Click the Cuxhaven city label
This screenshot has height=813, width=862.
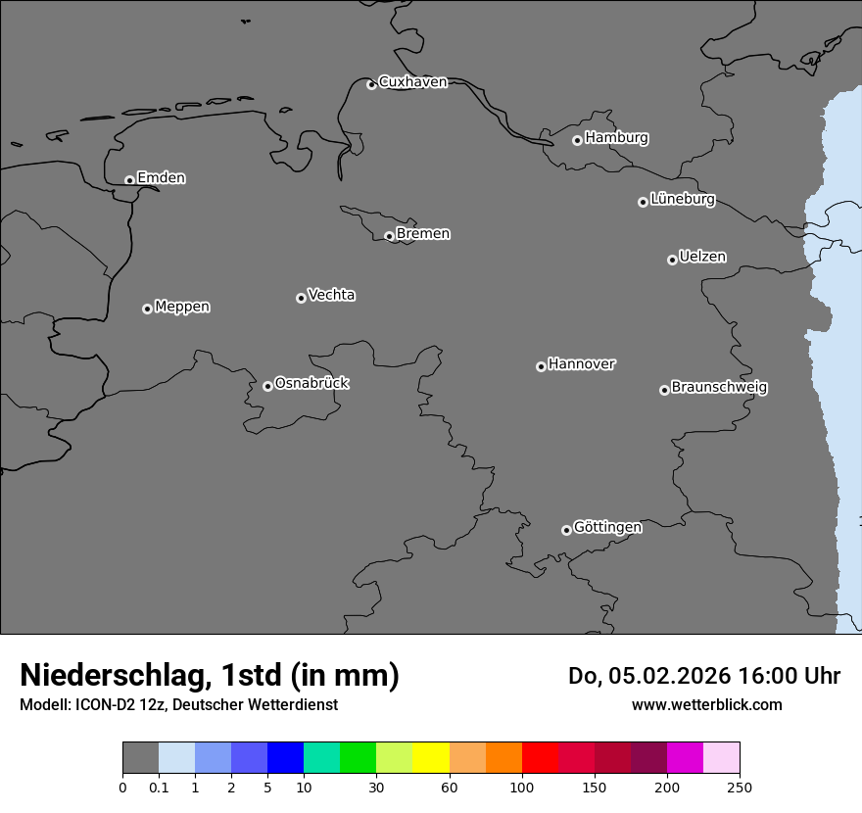click(412, 82)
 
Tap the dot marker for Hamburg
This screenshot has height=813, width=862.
click(577, 140)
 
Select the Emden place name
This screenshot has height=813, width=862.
click(161, 178)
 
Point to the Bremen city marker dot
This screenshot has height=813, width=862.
click(389, 236)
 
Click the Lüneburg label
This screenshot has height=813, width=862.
click(682, 200)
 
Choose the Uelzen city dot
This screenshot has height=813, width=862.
click(672, 260)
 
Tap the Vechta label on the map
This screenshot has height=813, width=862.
click(331, 295)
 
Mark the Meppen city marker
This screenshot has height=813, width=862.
click(147, 309)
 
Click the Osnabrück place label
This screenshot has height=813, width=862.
click(311, 383)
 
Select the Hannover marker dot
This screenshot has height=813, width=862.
click(541, 366)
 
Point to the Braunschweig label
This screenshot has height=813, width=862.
click(719, 388)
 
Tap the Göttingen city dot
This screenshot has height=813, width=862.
click(566, 530)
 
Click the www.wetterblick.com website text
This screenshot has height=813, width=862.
click(706, 705)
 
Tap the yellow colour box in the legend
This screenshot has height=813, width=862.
click(431, 758)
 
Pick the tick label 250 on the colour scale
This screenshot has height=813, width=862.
click(740, 787)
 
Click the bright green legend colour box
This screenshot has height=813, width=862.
click(358, 758)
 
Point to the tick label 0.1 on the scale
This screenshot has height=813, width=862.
click(159, 787)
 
